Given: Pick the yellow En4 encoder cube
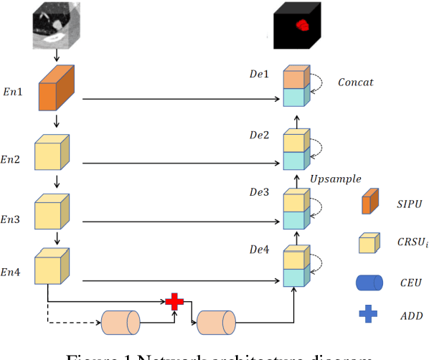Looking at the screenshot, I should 54,265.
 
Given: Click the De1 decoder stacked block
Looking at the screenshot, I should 296,87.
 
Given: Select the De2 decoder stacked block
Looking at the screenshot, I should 296,150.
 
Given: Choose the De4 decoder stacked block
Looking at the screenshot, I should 296,267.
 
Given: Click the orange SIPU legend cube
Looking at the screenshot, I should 369,203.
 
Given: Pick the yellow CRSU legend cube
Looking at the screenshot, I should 369,242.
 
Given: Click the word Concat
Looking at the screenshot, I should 355,82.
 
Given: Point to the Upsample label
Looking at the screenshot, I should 335,179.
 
